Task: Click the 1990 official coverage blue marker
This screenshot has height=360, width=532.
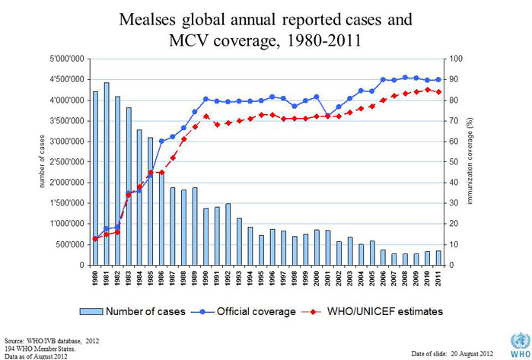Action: [205, 99]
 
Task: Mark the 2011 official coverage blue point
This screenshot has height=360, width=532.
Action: [439, 79]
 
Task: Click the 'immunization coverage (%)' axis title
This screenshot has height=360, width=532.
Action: [481, 161]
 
